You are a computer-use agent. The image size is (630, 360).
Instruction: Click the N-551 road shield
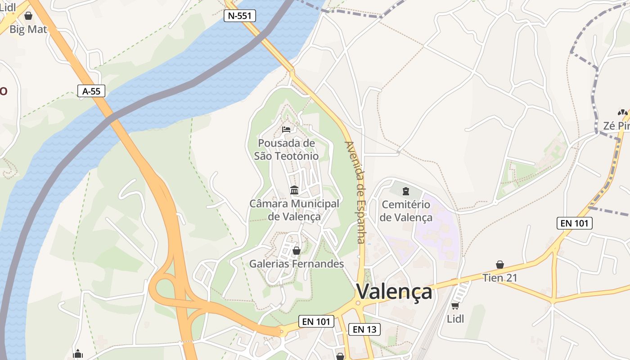click(240, 16)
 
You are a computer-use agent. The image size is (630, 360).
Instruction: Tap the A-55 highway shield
click(91, 91)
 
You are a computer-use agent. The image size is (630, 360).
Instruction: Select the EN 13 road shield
click(364, 329)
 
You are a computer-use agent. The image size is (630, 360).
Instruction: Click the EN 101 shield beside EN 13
click(316, 321)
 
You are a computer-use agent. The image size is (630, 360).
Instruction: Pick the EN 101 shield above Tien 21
click(574, 223)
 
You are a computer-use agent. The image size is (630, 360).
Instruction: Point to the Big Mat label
click(28, 30)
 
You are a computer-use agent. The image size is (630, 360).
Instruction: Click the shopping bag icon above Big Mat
click(28, 16)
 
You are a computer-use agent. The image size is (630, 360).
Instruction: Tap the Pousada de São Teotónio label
click(286, 149)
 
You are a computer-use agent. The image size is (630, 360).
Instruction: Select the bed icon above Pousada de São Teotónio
click(286, 130)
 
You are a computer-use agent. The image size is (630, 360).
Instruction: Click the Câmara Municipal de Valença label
click(294, 210)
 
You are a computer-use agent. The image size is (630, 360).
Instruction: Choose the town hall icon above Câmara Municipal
click(294, 190)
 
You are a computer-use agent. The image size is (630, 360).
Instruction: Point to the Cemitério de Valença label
click(406, 211)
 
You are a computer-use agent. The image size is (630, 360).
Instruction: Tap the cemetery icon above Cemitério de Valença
click(406, 191)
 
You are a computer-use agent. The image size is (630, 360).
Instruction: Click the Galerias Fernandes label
click(297, 264)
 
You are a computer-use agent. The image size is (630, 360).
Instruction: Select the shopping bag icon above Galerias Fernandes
click(297, 251)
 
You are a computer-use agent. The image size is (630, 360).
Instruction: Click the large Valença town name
click(394, 292)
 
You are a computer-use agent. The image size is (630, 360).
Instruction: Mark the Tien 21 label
click(500, 278)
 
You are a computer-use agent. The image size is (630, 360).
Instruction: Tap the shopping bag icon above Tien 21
click(499, 265)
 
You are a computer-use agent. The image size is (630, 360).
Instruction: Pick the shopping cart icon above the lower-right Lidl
click(455, 306)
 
